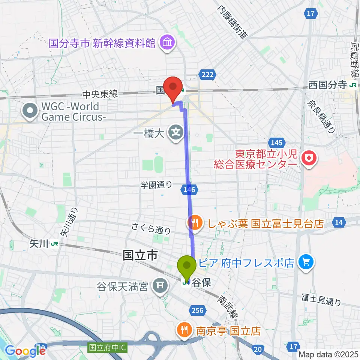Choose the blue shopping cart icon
(306, 262)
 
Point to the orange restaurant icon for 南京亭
(183, 330)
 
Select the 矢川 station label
(39, 244)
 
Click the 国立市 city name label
(140, 256)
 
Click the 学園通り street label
(156, 184)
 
